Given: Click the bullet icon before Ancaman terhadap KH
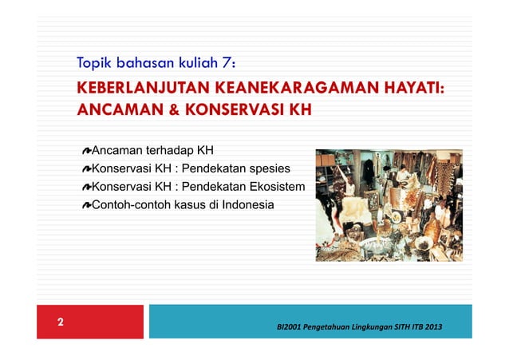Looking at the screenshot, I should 86,151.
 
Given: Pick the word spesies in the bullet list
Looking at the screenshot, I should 267,169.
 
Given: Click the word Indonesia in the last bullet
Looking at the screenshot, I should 247,205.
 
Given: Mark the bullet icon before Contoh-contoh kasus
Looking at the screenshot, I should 86,206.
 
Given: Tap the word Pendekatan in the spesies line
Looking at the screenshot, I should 210,169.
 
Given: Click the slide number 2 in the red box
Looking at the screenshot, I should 60,323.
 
